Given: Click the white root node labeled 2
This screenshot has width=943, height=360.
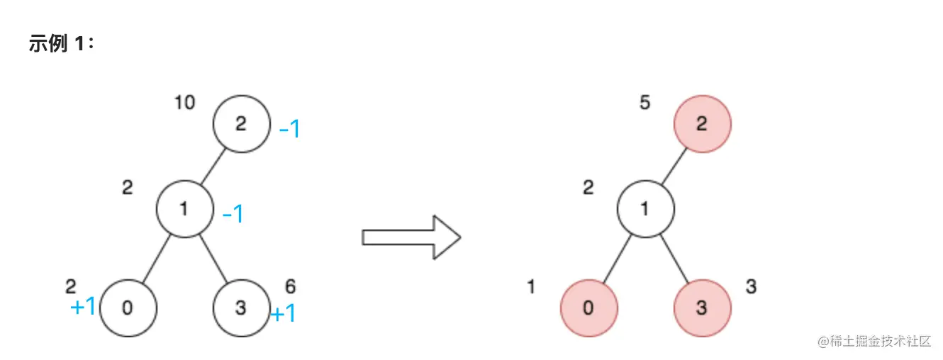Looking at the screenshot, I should pyautogui.click(x=241, y=124).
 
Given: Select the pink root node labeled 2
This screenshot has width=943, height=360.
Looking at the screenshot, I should pyautogui.click(x=702, y=124).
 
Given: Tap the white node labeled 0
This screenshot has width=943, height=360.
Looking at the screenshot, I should pyautogui.click(x=128, y=308).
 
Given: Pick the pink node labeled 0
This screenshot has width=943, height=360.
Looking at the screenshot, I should pyautogui.click(x=588, y=308).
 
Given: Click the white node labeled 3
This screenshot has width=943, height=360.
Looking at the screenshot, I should pyautogui.click(x=241, y=308).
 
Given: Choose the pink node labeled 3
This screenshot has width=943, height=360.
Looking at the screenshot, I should pyautogui.click(x=702, y=308).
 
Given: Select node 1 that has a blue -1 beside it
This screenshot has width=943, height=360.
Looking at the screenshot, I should pyautogui.click(x=184, y=209).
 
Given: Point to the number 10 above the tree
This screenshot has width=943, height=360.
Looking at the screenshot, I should pyautogui.click(x=184, y=103).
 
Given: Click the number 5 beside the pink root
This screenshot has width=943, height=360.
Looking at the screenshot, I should pyautogui.click(x=645, y=103).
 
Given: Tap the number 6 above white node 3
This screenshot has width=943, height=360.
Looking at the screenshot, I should pyautogui.click(x=290, y=287).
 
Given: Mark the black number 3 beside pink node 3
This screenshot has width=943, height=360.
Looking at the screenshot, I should pyautogui.click(x=751, y=287).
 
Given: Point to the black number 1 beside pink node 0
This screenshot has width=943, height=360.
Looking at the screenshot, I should pyautogui.click(x=530, y=287).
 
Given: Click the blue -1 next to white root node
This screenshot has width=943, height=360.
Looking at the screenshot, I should pyautogui.click(x=289, y=130).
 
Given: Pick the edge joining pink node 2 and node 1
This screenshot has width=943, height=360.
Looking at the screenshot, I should pyautogui.click(x=674, y=167).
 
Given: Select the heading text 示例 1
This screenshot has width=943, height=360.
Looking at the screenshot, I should pyautogui.click(x=62, y=44).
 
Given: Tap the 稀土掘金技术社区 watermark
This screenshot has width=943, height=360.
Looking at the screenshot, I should pyautogui.click(x=874, y=341).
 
